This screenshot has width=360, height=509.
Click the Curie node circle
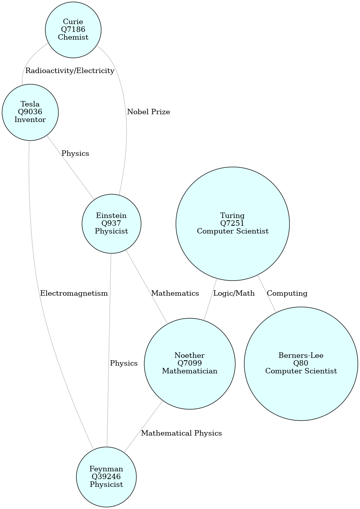point(73,30)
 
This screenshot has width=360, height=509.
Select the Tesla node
point(30,112)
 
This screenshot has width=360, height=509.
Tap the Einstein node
point(111,223)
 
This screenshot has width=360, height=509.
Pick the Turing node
point(233,223)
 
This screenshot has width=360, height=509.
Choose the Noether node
point(190,363)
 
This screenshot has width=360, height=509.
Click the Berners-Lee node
point(301,363)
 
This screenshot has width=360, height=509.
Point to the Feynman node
point(106,477)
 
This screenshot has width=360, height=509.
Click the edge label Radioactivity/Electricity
point(70,71)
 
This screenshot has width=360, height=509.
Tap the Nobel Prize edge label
point(148,112)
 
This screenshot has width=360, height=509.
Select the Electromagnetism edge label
point(74,293)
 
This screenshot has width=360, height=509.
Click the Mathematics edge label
point(175,293)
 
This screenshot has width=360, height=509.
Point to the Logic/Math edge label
point(234,293)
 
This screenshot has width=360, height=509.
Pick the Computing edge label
point(287,293)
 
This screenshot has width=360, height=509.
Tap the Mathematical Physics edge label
point(181,433)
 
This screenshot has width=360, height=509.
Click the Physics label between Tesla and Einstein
point(75,153)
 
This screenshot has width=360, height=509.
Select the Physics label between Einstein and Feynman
point(123,363)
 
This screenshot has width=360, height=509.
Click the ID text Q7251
point(233,223)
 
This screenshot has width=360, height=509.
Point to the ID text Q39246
point(106,477)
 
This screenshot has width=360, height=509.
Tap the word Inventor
point(30,120)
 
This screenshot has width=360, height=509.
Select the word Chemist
point(73,37)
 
